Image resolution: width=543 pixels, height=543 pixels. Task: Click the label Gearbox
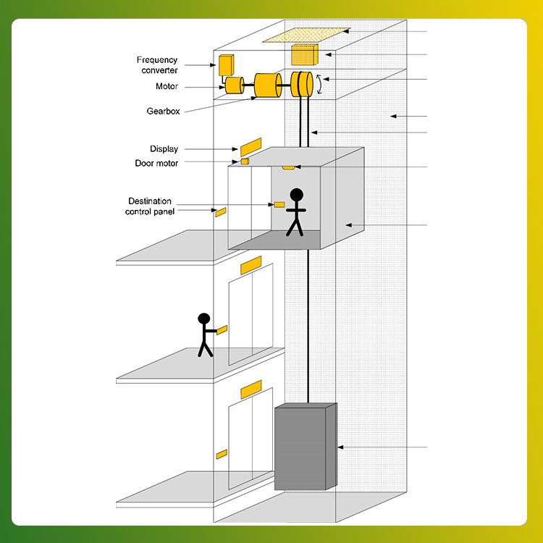(163, 111)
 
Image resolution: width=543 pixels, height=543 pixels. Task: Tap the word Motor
(167, 86)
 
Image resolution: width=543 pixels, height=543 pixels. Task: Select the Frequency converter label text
(157, 65)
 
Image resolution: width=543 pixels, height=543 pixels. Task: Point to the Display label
(164, 149)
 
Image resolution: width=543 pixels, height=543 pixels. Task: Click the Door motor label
(156, 163)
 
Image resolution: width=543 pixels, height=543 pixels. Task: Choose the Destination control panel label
(150, 206)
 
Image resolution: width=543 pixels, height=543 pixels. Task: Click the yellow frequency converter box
(226, 65)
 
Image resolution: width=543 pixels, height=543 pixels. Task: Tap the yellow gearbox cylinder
(268, 85)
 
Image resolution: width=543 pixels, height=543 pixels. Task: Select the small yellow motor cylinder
(235, 85)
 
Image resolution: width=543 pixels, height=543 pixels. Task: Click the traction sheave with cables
(302, 84)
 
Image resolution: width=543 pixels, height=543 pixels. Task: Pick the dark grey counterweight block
(306, 447)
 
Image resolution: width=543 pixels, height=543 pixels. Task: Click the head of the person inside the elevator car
(296, 195)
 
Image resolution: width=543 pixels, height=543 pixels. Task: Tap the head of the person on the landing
(204, 319)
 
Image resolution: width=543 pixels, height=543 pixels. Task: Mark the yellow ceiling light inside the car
(288, 168)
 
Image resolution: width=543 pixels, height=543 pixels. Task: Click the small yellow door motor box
(245, 161)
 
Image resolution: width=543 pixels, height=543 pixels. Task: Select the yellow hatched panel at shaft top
(306, 35)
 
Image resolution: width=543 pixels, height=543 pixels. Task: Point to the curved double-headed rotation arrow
(319, 84)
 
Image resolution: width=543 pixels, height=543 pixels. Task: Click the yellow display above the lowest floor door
(251, 390)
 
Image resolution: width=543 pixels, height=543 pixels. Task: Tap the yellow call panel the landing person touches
(222, 330)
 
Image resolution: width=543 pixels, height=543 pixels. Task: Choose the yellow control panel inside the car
(279, 205)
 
